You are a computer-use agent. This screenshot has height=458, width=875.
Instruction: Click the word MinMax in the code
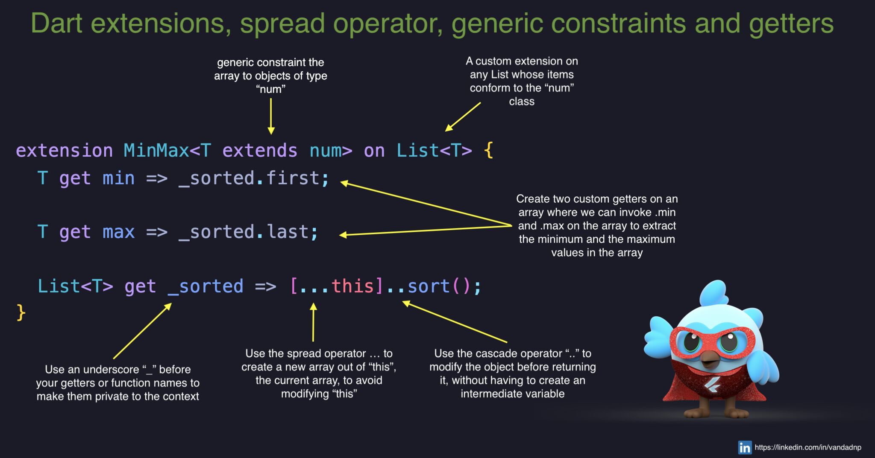[x=156, y=151]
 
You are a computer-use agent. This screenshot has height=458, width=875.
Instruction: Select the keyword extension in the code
[x=65, y=151]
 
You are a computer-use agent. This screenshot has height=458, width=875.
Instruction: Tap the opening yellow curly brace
[x=489, y=151]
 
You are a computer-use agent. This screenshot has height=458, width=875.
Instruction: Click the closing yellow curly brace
[x=21, y=312]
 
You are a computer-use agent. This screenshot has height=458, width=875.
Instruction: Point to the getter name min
[x=118, y=178]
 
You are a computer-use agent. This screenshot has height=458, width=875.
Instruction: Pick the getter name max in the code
[x=118, y=232]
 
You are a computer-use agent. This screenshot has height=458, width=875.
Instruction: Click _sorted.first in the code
[x=249, y=178]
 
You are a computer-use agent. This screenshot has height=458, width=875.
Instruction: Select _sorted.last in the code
[x=243, y=232]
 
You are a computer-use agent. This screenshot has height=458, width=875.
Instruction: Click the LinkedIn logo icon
[x=745, y=447]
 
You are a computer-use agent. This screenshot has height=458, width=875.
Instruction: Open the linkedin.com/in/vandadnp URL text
[x=808, y=447]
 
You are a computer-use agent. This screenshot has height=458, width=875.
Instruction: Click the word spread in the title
[x=282, y=24]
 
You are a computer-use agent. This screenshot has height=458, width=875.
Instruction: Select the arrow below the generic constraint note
[x=271, y=117]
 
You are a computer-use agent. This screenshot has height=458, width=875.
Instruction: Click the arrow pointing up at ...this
[x=313, y=322]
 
